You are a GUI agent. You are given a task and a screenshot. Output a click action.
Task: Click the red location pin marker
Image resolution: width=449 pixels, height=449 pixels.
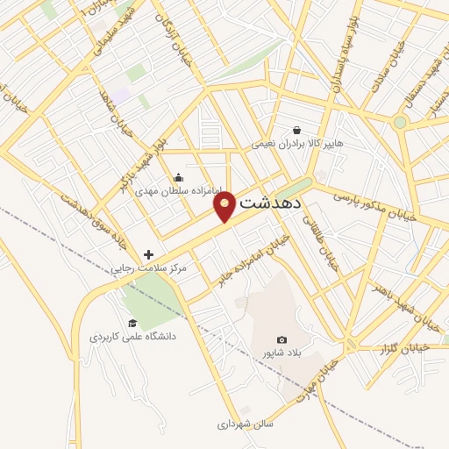(225, 204)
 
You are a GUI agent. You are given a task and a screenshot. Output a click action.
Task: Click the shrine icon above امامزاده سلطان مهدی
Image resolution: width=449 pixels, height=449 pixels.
(179, 179)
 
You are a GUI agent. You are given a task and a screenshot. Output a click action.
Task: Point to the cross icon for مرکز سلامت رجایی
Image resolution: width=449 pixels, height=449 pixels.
(148, 254)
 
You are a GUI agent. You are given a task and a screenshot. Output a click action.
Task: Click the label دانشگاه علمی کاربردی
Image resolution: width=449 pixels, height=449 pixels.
(132, 336)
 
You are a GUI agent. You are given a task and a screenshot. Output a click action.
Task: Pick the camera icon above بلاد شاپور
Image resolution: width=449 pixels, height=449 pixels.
(282, 339)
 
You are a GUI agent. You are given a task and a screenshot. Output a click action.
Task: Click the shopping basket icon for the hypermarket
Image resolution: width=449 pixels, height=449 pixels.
(297, 130)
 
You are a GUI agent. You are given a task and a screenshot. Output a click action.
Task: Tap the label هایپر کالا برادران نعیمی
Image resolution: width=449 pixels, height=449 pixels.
(297, 143)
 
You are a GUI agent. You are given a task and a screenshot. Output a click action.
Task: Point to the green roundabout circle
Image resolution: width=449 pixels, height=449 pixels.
(400, 122)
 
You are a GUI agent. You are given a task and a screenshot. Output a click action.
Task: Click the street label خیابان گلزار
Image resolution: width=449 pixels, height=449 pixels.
(401, 349)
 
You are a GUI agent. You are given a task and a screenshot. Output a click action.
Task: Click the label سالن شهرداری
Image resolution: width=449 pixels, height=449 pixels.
(246, 424)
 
